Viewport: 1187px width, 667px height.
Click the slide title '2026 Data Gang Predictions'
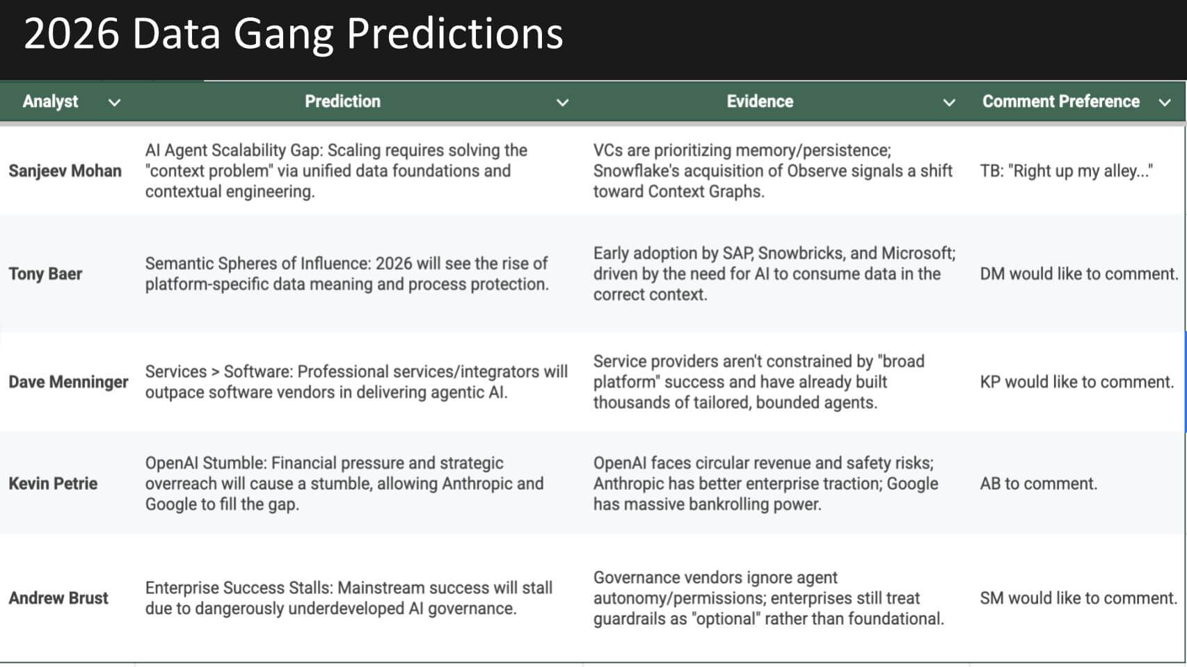pos(293,33)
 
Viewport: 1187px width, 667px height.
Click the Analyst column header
pos(50,102)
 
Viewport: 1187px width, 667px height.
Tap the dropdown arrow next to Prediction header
pos(562,103)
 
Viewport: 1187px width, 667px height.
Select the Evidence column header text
pos(759,102)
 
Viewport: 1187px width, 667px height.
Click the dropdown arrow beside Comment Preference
pos(1164,103)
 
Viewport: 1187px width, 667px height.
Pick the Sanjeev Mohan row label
pos(65,171)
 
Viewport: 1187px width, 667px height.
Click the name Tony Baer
pos(45,274)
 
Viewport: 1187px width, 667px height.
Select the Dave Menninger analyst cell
pos(68,382)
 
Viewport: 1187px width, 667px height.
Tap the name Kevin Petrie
pos(53,483)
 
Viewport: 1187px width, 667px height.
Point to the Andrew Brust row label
pos(58,598)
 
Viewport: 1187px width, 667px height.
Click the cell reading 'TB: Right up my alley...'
pos(1066,171)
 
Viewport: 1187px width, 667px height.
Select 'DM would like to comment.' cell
pos(1078,274)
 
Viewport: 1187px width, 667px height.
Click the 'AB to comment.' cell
pos(1038,483)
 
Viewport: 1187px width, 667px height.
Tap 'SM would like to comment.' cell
pos(1078,598)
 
